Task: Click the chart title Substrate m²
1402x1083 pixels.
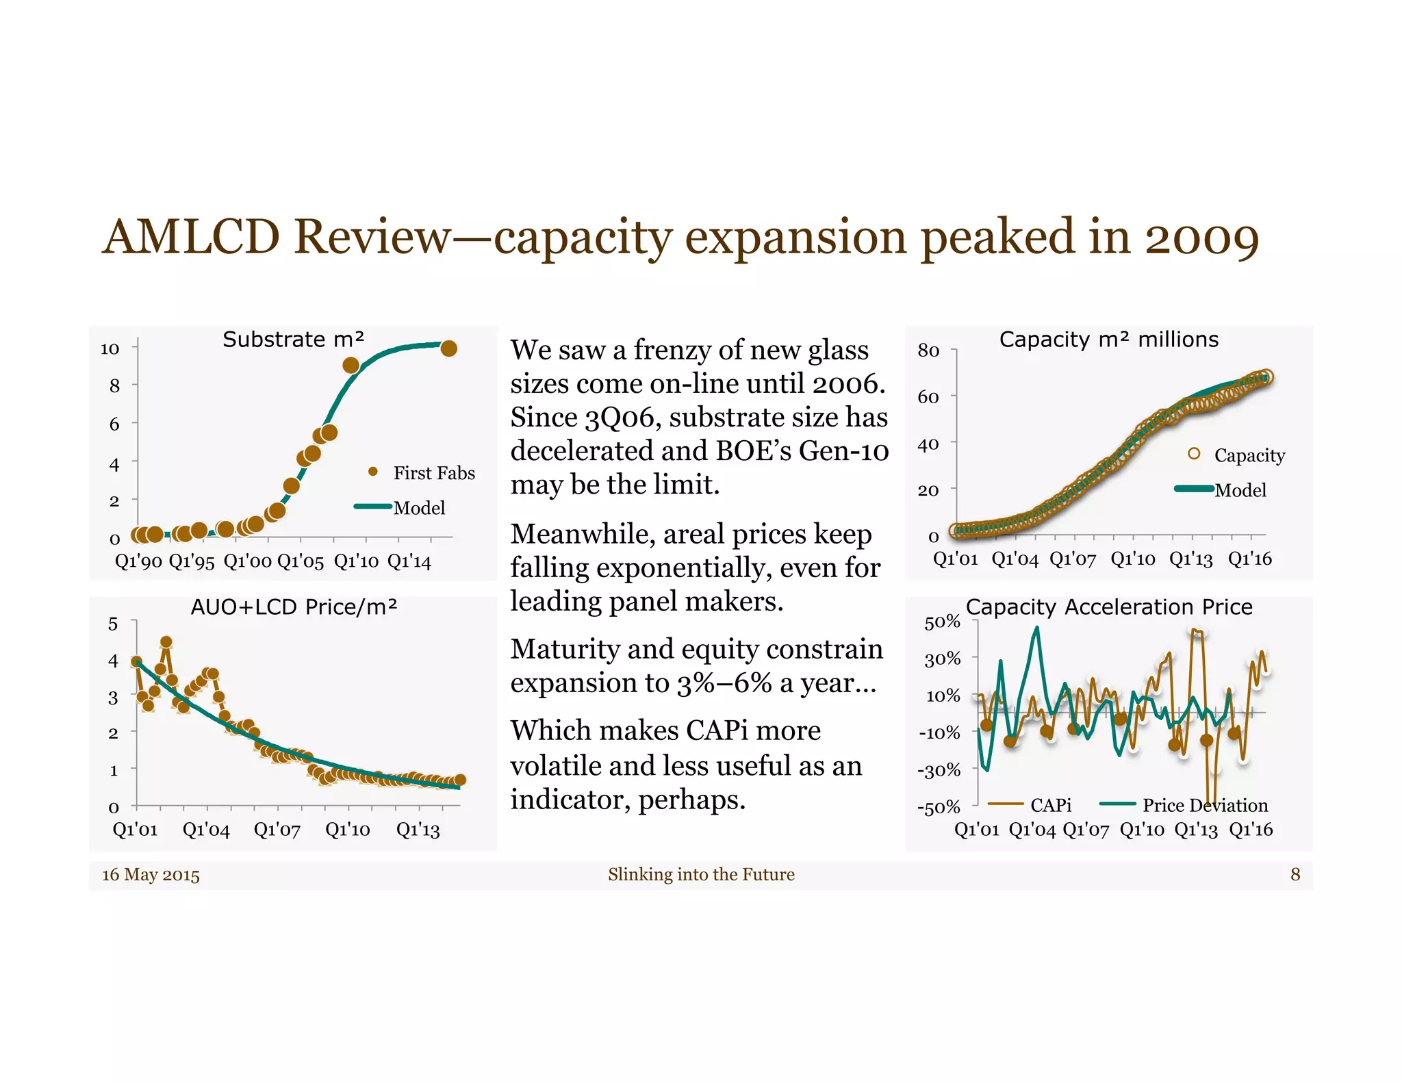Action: (x=293, y=340)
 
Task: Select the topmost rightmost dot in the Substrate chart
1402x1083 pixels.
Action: (x=448, y=348)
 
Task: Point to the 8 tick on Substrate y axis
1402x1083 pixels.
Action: (x=114, y=386)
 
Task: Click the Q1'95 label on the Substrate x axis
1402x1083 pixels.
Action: (x=192, y=562)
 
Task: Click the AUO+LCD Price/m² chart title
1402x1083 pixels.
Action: (x=294, y=607)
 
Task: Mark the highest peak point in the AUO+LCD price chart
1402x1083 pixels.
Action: (x=166, y=642)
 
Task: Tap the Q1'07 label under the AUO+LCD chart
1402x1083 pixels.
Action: (x=277, y=830)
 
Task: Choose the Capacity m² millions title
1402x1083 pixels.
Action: (x=1108, y=340)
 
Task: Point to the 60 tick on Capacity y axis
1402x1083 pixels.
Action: (x=928, y=397)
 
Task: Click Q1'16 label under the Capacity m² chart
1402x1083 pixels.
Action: (x=1249, y=559)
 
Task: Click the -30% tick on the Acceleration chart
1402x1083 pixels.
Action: (x=939, y=770)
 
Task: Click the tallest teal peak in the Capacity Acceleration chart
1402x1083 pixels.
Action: (x=1036, y=628)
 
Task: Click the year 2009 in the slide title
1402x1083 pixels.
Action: (x=1201, y=238)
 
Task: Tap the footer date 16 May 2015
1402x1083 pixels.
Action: (x=151, y=875)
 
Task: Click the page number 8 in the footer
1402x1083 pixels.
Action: (x=1295, y=874)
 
